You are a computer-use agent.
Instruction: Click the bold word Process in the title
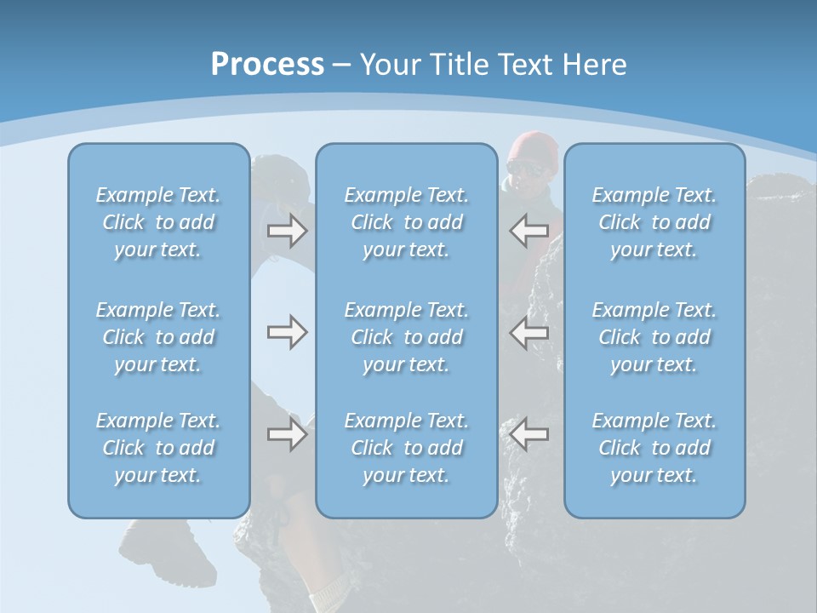pos(267,65)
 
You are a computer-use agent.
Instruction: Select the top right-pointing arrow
pos(287,230)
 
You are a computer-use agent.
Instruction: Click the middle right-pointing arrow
pos(287,332)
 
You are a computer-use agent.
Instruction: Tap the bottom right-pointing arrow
pos(287,434)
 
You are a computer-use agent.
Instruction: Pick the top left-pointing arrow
pos(529,230)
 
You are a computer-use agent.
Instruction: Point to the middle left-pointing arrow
pos(529,332)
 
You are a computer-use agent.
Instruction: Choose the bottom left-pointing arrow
pos(529,434)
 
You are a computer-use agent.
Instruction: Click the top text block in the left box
pos(158,222)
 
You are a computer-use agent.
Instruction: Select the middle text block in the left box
pos(158,337)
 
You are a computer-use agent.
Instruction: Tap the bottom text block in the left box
pos(158,448)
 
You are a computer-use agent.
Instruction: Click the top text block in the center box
pos(407,222)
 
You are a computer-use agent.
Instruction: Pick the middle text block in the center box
pos(407,337)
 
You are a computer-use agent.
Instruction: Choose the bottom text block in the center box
pos(407,448)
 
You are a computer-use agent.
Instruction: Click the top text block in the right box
pos(654,222)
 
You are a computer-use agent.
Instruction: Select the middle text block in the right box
pos(654,337)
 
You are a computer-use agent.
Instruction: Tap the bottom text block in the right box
pos(654,448)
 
